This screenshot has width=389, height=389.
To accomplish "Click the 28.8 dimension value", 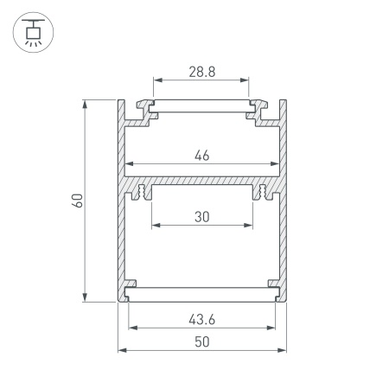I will click(x=201, y=74).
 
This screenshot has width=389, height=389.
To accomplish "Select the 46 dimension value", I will click(x=201, y=156).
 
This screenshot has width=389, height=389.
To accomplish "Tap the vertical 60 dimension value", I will click(x=77, y=201).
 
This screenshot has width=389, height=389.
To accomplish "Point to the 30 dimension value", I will click(x=201, y=218).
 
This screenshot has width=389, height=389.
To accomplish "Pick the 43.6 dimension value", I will click(x=201, y=319).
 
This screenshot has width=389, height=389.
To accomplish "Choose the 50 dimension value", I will click(x=201, y=341).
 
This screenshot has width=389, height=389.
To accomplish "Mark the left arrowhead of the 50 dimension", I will click(x=121, y=350).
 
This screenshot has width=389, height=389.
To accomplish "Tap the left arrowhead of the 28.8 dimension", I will click(x=157, y=85).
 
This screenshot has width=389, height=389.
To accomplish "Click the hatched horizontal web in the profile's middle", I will click(x=201, y=184).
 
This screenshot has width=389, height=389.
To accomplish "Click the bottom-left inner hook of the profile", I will click(x=131, y=287).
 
